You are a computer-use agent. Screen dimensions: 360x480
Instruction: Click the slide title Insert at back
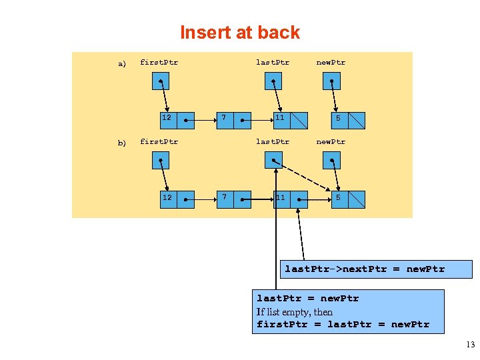click(240, 33)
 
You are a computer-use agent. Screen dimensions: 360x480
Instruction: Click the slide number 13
click(470, 345)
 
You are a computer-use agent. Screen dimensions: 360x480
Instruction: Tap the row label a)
click(122, 64)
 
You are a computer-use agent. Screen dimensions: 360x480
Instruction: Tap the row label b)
click(122, 143)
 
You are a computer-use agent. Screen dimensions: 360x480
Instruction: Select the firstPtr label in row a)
click(159, 63)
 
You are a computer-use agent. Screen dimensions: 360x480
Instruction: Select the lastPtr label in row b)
click(273, 141)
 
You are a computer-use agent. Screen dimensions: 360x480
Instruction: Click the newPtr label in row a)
click(331, 63)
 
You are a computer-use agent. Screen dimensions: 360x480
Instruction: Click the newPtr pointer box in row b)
click(331, 160)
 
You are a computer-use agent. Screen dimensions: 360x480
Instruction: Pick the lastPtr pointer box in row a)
click(273, 81)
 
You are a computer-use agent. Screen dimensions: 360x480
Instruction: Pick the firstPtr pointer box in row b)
click(160, 160)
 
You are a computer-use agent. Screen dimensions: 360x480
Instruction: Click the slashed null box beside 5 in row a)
click(357, 120)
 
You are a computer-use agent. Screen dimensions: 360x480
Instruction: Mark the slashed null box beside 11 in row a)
click(299, 120)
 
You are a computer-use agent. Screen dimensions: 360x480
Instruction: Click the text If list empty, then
click(295, 312)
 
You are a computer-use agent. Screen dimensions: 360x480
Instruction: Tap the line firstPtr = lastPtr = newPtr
click(343, 325)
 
